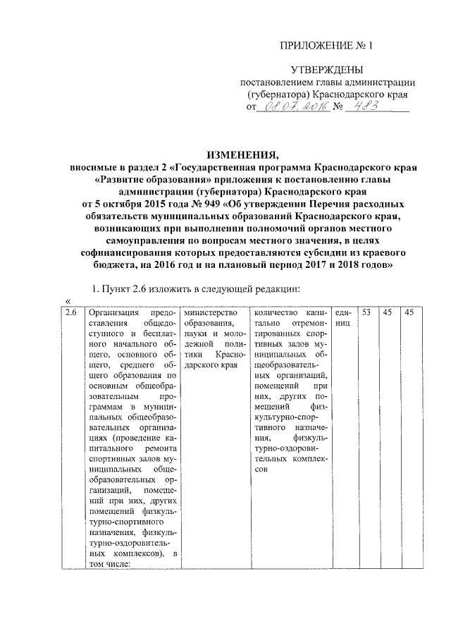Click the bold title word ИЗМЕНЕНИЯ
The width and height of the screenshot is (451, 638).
[242, 155]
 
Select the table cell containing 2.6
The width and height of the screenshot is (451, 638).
[71, 312]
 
